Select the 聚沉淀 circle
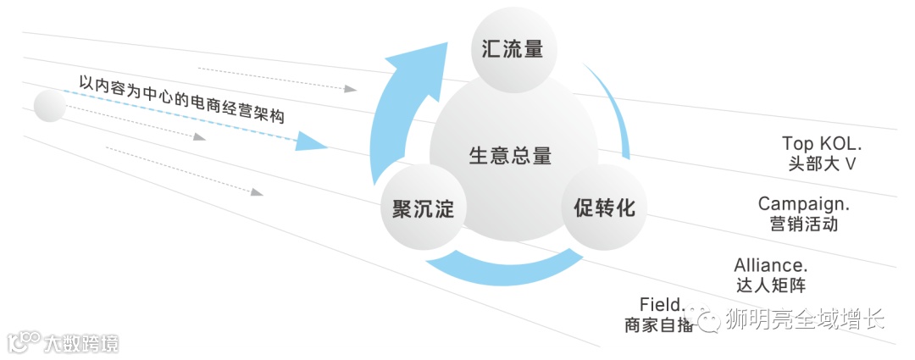(x=423, y=208)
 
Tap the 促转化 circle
(x=604, y=208)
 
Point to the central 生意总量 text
(x=510, y=156)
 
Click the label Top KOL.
(x=822, y=143)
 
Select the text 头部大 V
(x=822, y=163)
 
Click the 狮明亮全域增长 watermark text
(x=805, y=319)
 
